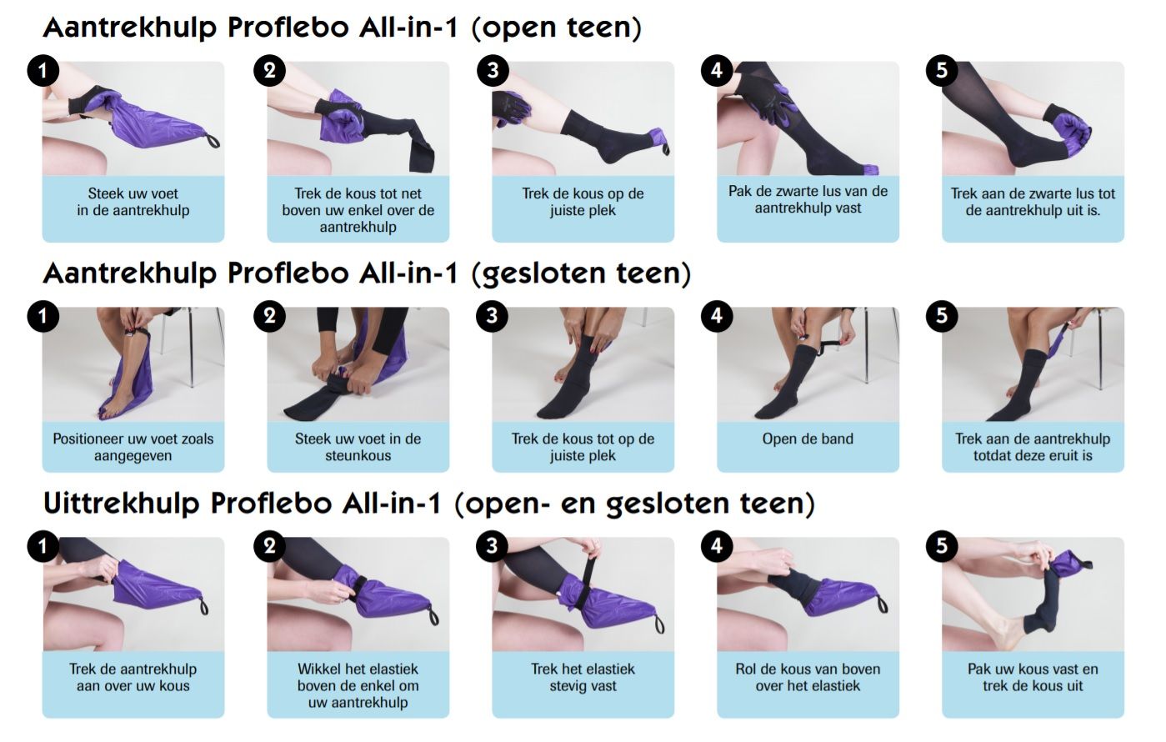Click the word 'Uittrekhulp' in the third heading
pos(122,503)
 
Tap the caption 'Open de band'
pos(808,439)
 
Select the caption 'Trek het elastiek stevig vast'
pos(583,677)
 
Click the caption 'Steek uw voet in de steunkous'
pos(358,447)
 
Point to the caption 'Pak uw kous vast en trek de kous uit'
pos(1033,677)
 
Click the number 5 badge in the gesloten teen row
pos(942,316)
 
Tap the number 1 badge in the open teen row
pos(43,71)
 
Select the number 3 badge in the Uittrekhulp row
pos(493,546)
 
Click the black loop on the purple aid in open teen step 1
pos(213,141)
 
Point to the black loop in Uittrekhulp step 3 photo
pos(659,624)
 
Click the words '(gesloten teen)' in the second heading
pos(581,273)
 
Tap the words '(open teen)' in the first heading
pos(557,27)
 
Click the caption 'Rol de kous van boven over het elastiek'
pos(808,677)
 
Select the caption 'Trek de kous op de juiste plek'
pos(583,202)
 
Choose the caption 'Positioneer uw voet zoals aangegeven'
pos(133,447)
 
